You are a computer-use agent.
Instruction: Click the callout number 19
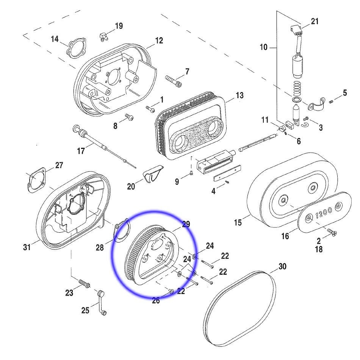point(119,26)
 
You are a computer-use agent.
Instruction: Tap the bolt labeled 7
point(174,80)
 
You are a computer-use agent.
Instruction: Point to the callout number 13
point(239,95)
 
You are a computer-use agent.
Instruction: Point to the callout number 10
point(264,47)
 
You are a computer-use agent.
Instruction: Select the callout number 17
point(81,151)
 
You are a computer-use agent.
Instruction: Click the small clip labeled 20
point(152,174)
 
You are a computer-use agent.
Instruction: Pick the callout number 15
point(238,222)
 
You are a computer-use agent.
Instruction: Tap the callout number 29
point(186,224)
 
